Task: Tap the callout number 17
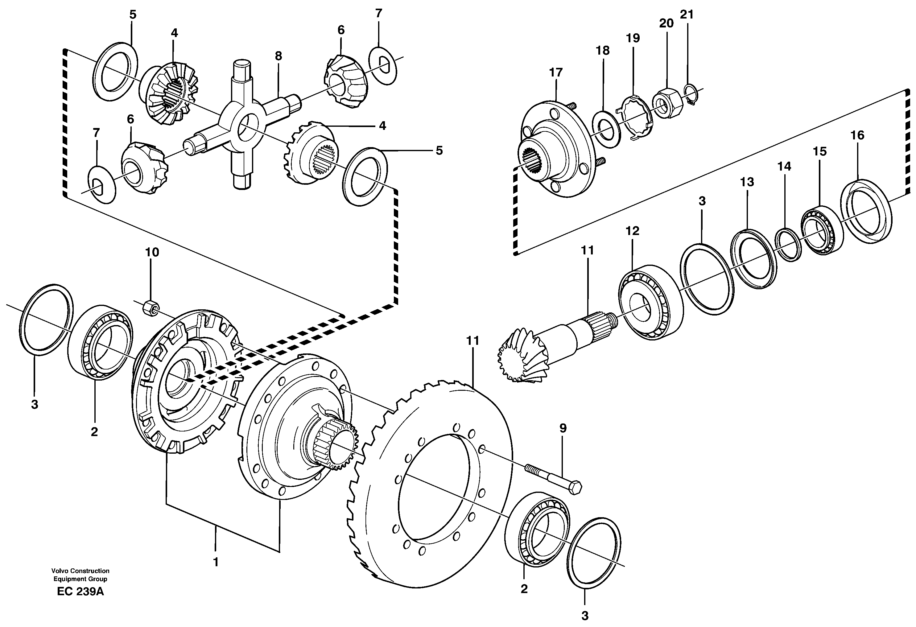coord(556,72)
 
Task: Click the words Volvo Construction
coord(80,571)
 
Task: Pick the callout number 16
coord(857,136)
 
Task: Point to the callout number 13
coord(747,182)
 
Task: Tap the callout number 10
coord(153,252)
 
